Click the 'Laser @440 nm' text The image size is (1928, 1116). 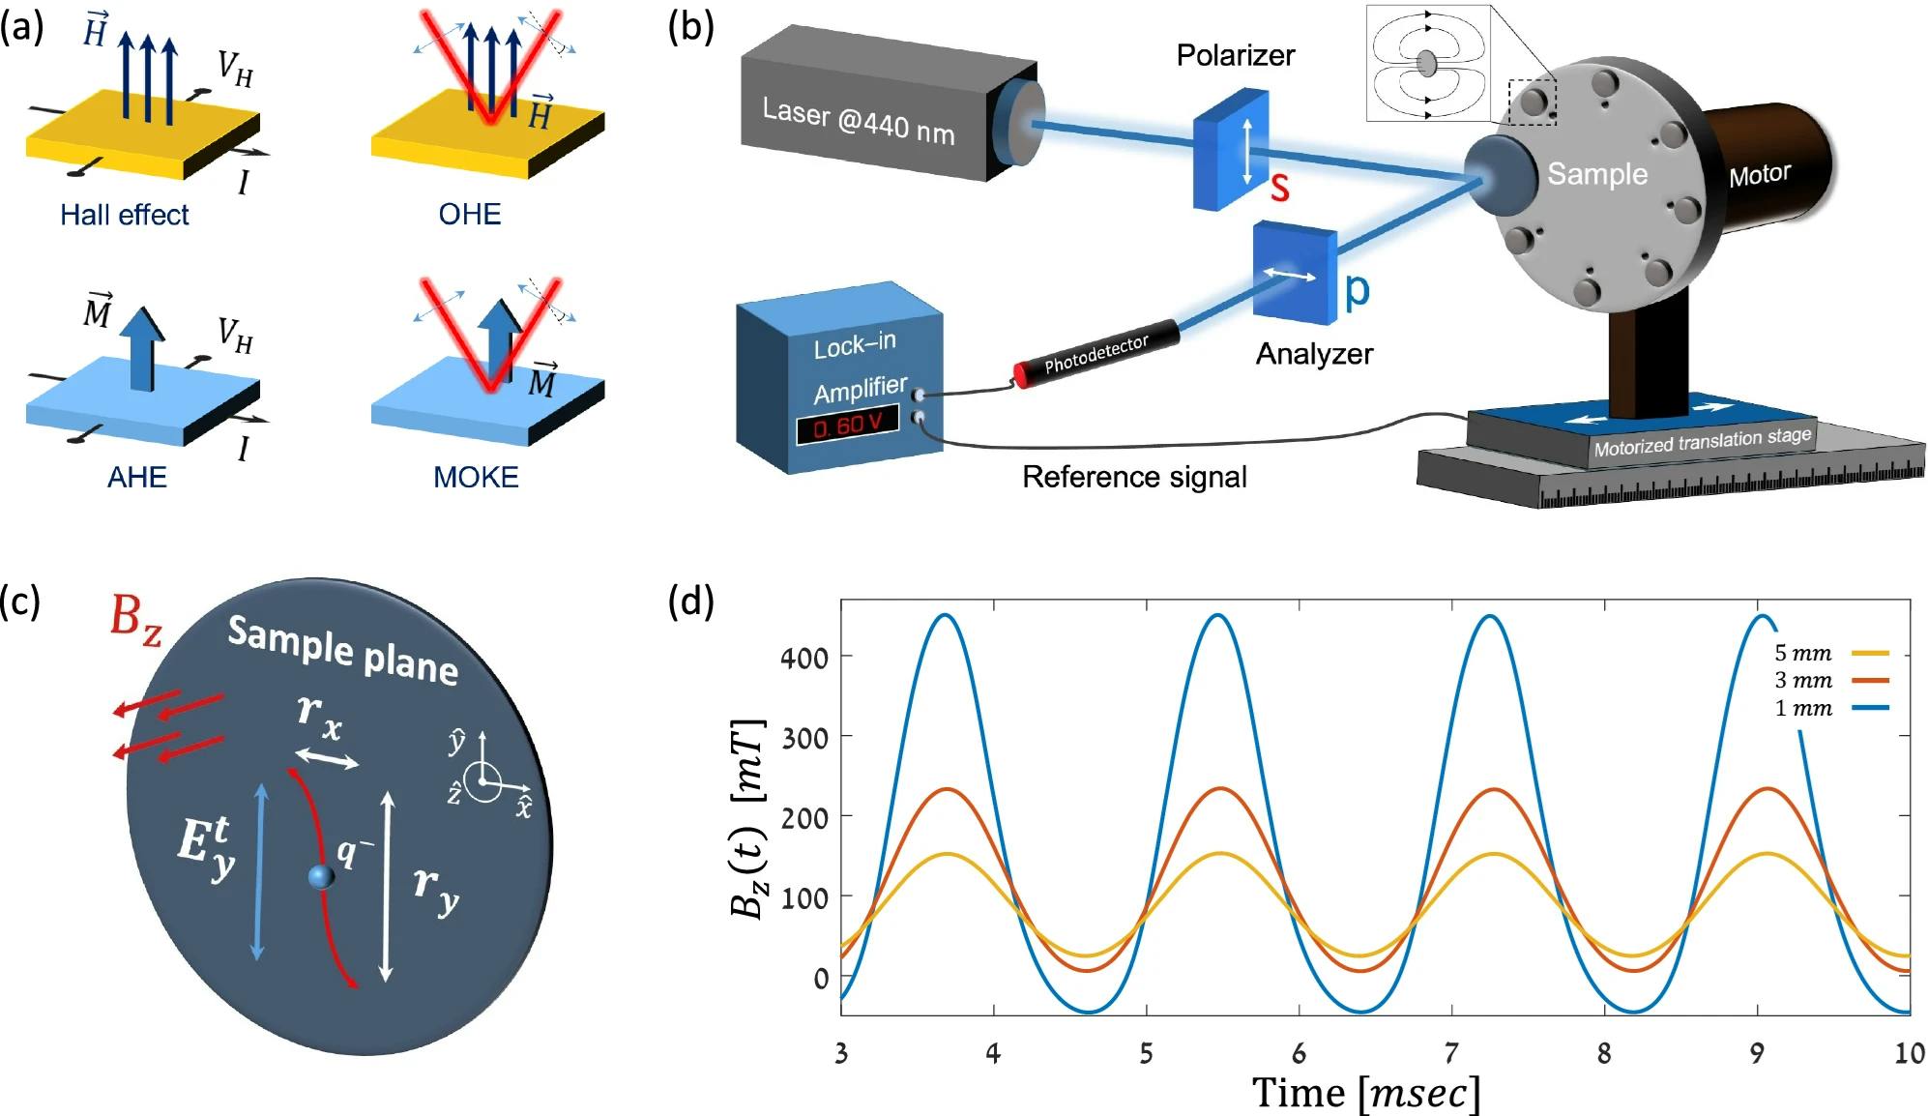tap(858, 122)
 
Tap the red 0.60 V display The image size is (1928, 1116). tap(847, 425)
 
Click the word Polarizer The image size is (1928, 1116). tap(1235, 55)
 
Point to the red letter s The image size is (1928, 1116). tap(1279, 187)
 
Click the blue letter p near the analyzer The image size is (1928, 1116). tap(1357, 288)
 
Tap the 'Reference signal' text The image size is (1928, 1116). tap(1134, 477)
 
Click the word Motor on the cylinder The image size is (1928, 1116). tap(1759, 175)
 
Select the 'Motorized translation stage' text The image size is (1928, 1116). tap(1702, 442)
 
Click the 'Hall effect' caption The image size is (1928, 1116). tap(125, 215)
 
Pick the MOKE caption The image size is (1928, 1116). tap(476, 477)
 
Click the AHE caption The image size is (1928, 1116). tap(137, 477)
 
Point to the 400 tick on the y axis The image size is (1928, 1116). tap(804, 659)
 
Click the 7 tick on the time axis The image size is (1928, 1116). tap(1451, 1052)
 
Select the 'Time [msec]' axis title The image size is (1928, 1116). tap(1365, 1093)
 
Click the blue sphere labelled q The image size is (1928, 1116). tap(321, 876)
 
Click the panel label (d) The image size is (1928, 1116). tap(690, 601)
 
